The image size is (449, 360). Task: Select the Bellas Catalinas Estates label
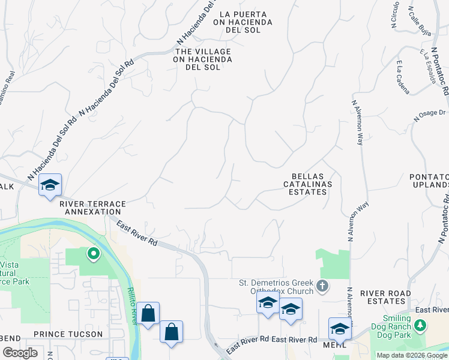click(306, 184)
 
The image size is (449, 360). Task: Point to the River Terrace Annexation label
click(92, 208)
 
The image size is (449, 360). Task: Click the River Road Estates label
click(385, 297)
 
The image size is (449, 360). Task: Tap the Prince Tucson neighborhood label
click(68, 334)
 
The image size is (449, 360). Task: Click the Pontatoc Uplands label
click(429, 181)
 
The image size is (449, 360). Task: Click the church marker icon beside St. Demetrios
click(323, 286)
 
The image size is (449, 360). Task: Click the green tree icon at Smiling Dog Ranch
click(421, 325)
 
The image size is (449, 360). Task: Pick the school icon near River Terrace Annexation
click(50, 185)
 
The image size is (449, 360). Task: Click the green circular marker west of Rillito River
click(93, 254)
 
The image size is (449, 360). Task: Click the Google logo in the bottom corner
click(20, 353)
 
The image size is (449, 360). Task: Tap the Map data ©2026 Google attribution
click(412, 355)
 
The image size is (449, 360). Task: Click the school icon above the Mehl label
click(339, 329)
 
